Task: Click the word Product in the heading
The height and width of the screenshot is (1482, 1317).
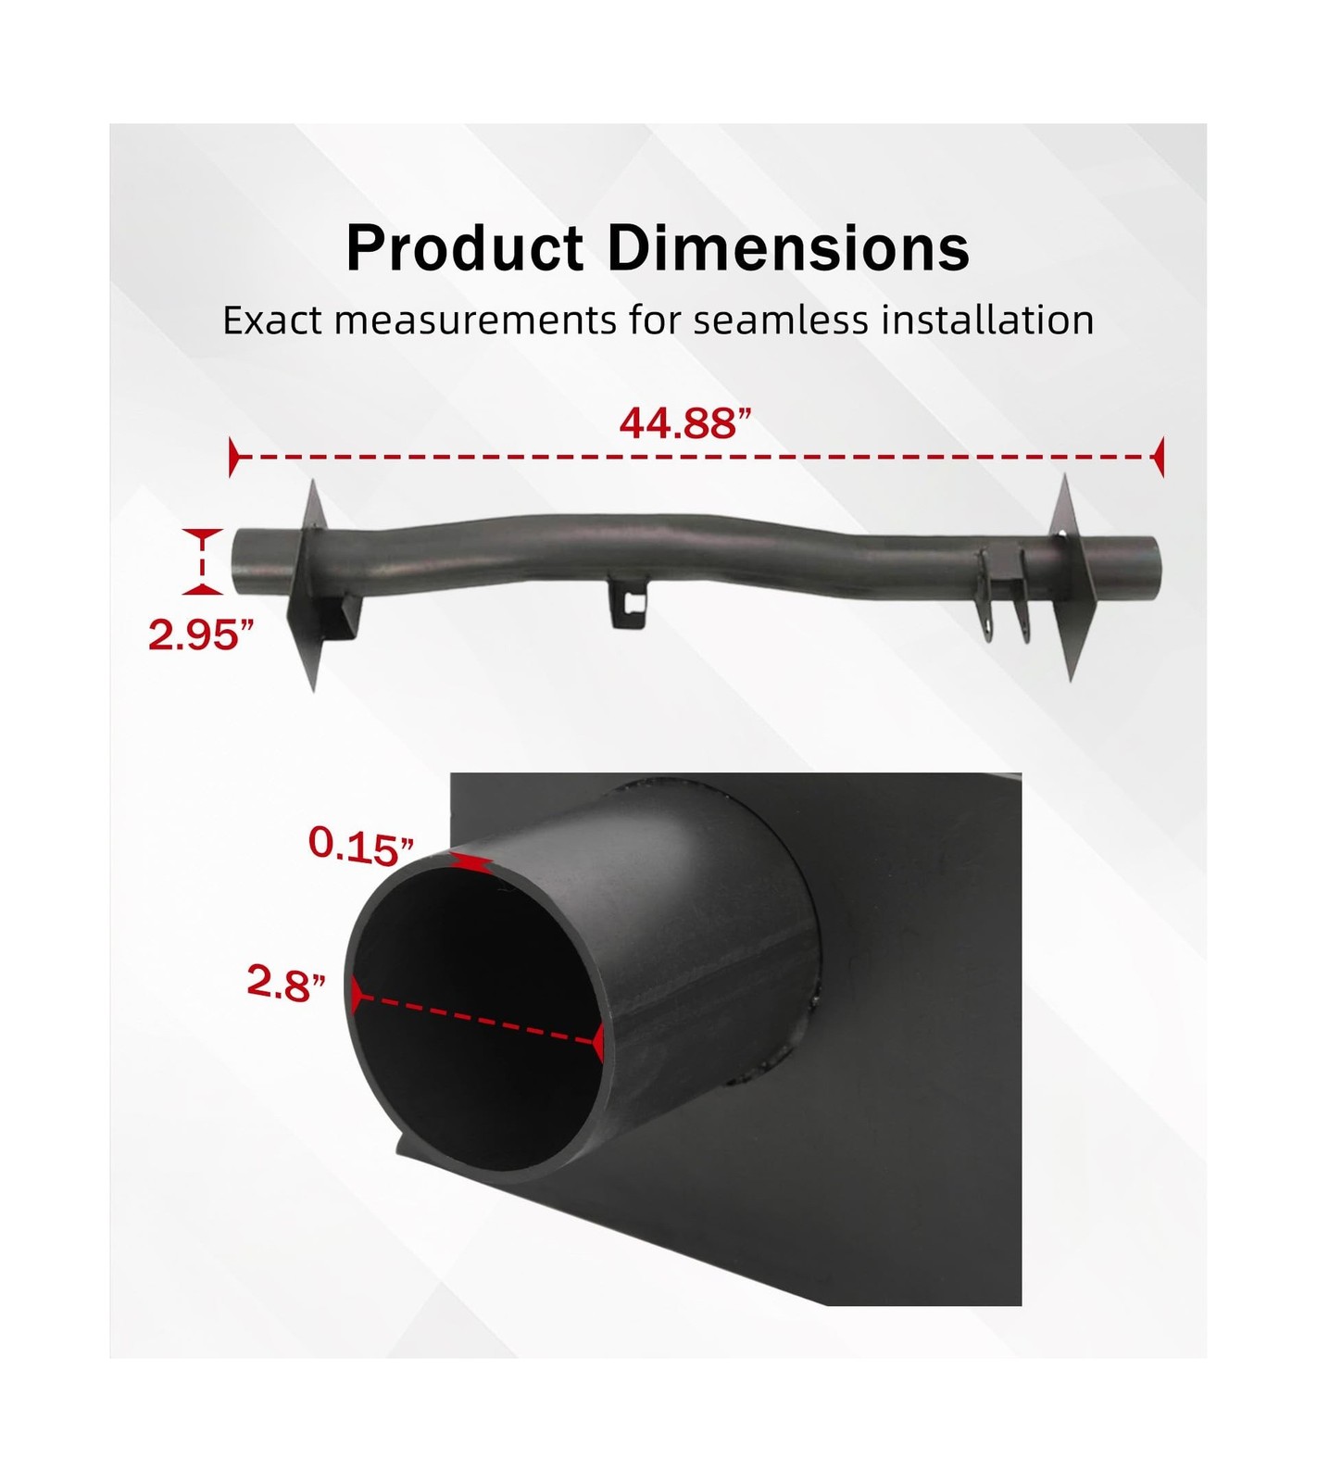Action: pos(465,247)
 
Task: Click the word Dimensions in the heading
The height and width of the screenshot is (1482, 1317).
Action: pos(788,247)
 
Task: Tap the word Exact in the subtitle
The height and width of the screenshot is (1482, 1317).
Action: pos(273,320)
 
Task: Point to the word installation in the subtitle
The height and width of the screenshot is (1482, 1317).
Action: pos(987,320)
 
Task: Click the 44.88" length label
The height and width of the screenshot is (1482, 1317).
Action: pos(685,423)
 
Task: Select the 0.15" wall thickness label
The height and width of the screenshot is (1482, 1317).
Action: pos(361,846)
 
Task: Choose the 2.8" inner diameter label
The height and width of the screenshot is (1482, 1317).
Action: pos(286,983)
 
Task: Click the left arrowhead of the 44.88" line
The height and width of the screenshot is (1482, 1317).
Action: pos(234,458)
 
